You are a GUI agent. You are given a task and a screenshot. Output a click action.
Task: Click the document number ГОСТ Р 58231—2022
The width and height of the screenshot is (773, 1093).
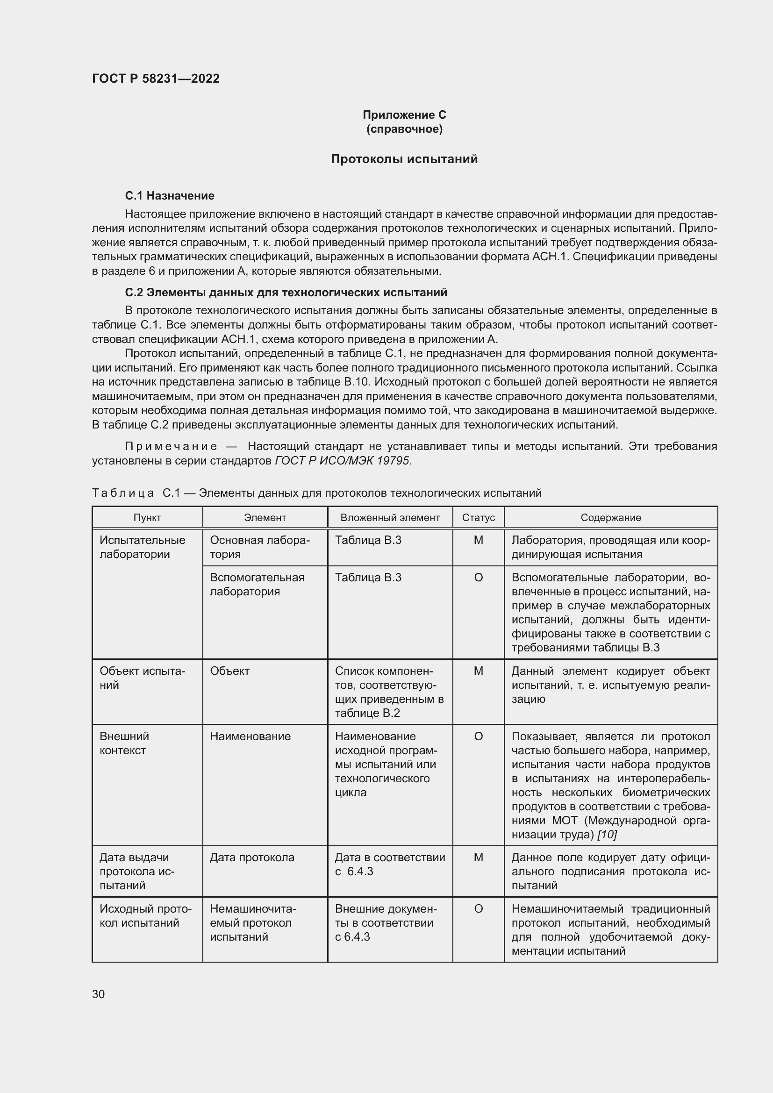(156, 79)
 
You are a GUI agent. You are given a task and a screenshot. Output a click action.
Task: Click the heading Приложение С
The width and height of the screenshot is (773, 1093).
(404, 115)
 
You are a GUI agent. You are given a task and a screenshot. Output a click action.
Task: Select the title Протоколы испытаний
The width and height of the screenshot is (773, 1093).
(404, 159)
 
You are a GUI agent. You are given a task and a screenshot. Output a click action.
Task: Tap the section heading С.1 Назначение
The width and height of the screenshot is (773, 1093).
(170, 196)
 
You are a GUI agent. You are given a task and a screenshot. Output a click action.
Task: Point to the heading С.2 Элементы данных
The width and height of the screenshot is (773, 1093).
(286, 292)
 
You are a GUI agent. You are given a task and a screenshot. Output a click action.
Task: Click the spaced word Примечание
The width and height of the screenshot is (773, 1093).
(171, 446)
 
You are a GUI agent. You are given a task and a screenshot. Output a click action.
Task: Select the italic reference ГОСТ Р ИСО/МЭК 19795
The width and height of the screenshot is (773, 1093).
(342, 460)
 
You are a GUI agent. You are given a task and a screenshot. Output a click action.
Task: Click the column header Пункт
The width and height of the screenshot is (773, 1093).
(147, 517)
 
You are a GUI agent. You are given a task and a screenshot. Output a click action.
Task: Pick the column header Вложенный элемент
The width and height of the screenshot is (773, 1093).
(390, 517)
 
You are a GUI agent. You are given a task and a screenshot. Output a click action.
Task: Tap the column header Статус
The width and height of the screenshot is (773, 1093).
(479, 517)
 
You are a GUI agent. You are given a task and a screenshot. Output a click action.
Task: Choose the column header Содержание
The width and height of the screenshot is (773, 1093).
(611, 517)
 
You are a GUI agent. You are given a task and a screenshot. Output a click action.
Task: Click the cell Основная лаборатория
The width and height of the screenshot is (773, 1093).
(259, 547)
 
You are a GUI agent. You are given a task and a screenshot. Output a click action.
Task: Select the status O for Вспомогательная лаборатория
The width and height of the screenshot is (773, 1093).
(479, 578)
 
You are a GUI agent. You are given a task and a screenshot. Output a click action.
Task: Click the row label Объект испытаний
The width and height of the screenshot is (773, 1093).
(143, 678)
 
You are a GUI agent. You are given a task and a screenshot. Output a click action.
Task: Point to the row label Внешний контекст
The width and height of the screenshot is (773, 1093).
(124, 743)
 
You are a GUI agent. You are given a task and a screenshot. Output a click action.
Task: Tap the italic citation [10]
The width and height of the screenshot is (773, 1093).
(607, 835)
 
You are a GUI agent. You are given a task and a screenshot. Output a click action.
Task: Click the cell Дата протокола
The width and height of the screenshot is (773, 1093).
(252, 857)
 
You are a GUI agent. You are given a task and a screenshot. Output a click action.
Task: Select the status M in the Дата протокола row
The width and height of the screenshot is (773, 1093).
(479, 857)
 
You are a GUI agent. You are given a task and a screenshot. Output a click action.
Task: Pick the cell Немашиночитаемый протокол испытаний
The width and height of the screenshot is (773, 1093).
(252, 922)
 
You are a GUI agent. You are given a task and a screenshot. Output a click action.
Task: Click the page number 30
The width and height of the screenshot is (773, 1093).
(99, 994)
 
